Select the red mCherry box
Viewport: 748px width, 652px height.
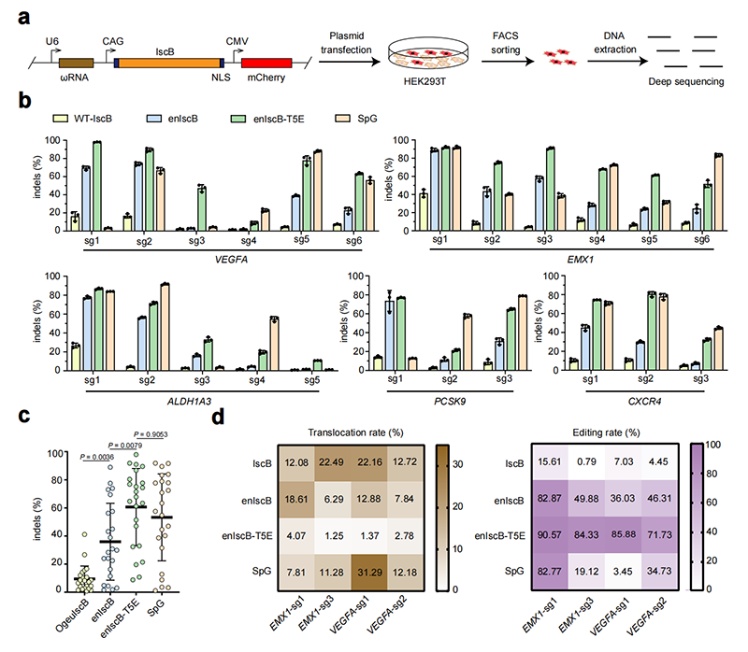(266, 63)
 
